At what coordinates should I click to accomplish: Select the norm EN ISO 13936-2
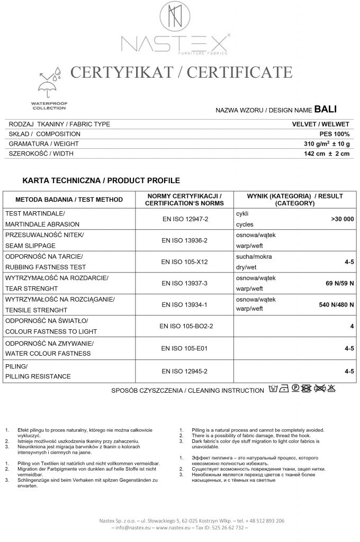pyautogui.click(x=185, y=240)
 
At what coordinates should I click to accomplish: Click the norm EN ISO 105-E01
pyautogui.click(x=185, y=348)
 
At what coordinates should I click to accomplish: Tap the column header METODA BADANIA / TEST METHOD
pyautogui.click(x=69, y=200)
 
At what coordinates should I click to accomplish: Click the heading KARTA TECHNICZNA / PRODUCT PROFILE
pyautogui.click(x=101, y=180)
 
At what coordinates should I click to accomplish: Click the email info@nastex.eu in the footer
pyautogui.click(x=132, y=527)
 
